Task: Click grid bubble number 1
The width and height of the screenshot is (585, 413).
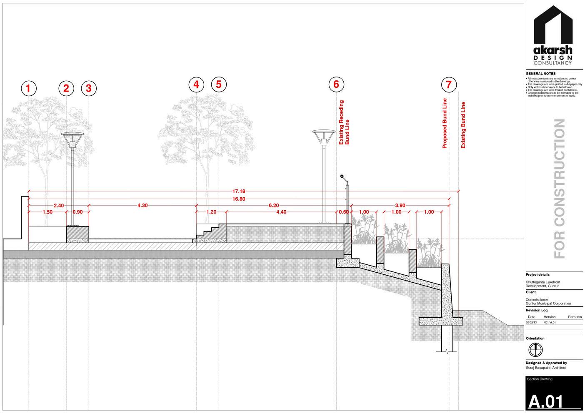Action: click(28, 88)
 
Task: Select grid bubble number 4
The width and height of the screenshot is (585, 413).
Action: click(196, 85)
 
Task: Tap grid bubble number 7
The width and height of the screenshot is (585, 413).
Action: click(449, 85)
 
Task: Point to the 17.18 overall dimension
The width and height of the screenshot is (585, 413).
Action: click(239, 192)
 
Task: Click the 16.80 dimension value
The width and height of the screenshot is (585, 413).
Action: click(239, 199)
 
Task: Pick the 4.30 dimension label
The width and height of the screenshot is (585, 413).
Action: click(142, 205)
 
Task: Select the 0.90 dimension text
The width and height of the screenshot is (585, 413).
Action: click(77, 212)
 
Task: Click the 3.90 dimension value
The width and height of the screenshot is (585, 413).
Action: click(400, 205)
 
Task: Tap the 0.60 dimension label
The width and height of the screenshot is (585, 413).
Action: click(344, 212)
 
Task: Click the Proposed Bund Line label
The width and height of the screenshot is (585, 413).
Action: click(445, 123)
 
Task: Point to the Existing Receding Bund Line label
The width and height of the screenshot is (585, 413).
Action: click(344, 122)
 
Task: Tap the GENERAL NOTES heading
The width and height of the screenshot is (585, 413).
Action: click(540, 74)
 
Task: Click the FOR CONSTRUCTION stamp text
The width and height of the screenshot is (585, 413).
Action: click(560, 189)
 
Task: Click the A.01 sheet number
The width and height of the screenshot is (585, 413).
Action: click(546, 402)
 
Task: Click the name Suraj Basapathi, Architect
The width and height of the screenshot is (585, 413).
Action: click(546, 368)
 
